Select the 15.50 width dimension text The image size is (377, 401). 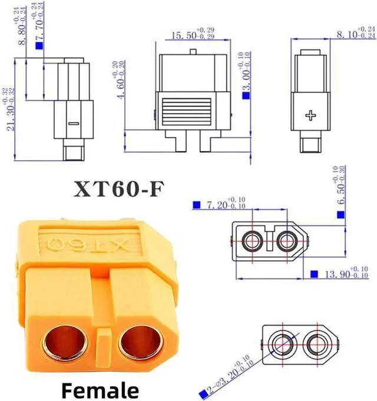click(x=183, y=36)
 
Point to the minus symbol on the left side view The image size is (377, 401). click(x=73, y=123)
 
